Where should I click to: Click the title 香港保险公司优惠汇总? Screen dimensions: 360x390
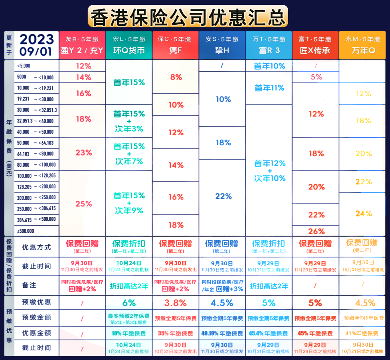(188, 16)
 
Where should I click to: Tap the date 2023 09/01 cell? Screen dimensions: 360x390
(37, 45)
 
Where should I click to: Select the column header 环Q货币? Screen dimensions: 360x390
(129, 50)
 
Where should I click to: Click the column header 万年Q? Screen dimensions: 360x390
(363, 50)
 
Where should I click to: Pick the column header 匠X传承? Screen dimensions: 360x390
(315, 50)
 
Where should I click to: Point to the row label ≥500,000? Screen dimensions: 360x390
(26, 231)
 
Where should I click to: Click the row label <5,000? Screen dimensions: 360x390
(24, 66)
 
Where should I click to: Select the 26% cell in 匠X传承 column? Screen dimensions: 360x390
(316, 231)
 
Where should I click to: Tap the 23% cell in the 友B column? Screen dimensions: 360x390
(83, 152)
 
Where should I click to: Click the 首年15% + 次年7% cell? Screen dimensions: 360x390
(129, 154)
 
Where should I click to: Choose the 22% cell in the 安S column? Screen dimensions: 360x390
(223, 196)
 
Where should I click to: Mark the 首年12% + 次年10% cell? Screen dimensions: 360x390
(269, 171)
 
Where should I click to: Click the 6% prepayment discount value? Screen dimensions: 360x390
(129, 303)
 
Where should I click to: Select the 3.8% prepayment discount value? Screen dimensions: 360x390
(175, 303)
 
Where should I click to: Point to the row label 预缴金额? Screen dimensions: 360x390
(36, 318)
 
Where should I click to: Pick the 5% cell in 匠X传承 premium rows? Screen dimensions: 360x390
(316, 77)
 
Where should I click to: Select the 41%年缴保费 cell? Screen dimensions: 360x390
(362, 333)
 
